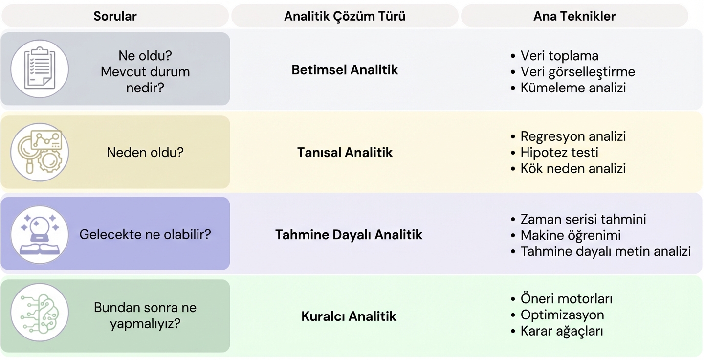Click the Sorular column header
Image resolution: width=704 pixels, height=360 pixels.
tap(115, 16)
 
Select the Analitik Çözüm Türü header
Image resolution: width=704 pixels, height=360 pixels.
tap(345, 16)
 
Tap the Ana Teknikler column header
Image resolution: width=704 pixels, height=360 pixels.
tap(574, 16)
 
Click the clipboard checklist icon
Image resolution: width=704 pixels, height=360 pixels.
tap(40, 69)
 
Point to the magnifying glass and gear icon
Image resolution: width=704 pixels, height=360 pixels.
tap(40, 152)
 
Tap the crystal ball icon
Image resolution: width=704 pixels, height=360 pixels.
tap(40, 234)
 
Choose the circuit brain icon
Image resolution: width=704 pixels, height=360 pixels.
tap(40, 313)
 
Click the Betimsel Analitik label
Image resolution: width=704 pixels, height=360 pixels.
tap(345, 70)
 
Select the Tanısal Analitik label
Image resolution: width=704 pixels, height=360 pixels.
tap(345, 153)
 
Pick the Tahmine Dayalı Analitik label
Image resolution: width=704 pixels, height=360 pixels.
tap(349, 235)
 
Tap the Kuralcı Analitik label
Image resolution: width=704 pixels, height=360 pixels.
tap(349, 316)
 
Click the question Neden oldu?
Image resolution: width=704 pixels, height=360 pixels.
tap(145, 152)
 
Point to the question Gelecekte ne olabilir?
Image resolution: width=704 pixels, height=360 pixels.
tap(145, 234)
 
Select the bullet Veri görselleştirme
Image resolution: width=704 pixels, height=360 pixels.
tap(577, 72)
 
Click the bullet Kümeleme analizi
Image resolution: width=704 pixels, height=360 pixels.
tap(573, 88)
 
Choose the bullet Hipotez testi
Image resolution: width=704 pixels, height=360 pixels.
tap(559, 152)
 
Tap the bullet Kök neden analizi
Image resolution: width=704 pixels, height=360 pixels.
tap(573, 168)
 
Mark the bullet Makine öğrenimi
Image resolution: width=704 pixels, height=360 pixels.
tap(571, 235)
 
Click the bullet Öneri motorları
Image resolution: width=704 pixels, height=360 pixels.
tap(566, 299)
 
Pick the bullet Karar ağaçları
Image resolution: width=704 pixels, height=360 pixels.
tap(562, 331)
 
